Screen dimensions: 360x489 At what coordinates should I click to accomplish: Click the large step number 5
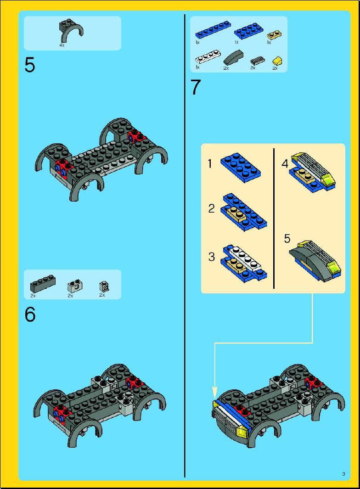30,66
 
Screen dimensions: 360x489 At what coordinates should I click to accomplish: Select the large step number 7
196,87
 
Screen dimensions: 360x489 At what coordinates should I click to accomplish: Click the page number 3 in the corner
343,474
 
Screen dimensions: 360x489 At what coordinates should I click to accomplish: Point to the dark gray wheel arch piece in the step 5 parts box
71,30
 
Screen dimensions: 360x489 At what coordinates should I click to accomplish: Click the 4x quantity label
62,45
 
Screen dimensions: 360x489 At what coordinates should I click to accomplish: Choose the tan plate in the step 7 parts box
274,34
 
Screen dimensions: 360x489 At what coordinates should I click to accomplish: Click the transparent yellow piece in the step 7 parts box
277,60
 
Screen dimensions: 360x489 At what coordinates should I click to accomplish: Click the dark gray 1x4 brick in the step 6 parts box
43,283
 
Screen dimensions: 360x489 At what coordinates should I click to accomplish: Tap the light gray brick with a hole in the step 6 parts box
75,286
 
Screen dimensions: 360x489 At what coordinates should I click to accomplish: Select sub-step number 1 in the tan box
210,163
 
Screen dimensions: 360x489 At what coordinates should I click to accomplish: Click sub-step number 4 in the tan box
285,163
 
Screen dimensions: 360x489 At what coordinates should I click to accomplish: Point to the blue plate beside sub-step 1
241,168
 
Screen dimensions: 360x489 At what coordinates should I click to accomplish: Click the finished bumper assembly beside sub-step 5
315,261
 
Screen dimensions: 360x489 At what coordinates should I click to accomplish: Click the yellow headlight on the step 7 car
243,432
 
